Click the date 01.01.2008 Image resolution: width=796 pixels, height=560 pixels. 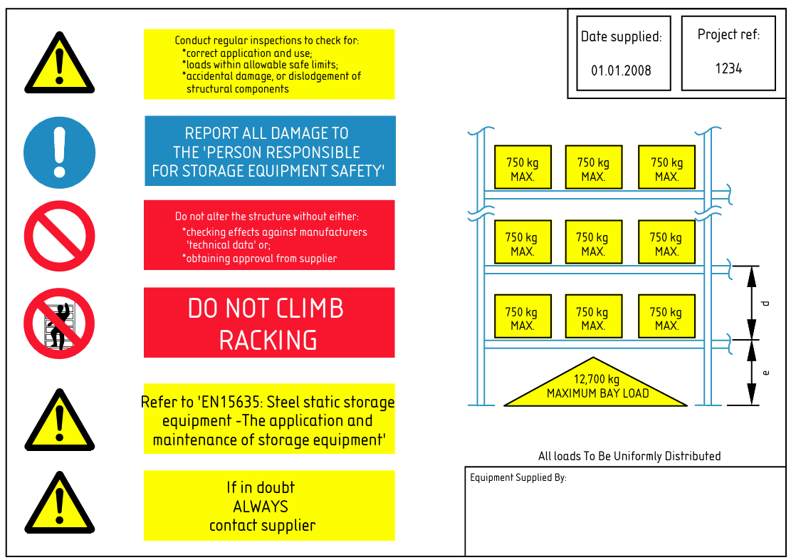click(x=621, y=71)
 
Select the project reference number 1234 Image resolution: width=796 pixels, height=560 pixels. click(x=728, y=68)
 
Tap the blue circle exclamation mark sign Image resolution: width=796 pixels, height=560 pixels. click(x=59, y=152)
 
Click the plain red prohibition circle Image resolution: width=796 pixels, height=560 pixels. click(x=59, y=236)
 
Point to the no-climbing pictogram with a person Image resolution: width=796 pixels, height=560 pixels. click(x=59, y=323)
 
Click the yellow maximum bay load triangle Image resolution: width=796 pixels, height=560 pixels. click(x=597, y=386)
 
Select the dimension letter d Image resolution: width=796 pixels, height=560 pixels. click(x=766, y=304)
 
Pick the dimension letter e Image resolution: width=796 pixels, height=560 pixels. click(x=766, y=372)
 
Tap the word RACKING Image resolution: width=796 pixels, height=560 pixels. click(x=268, y=341)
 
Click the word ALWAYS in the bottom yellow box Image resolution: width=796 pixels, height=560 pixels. click(x=261, y=507)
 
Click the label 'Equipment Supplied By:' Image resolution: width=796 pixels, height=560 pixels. click(x=518, y=477)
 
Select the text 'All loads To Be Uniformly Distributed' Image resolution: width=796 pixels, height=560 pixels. click(x=629, y=456)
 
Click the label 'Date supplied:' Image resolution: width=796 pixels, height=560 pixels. click(x=621, y=36)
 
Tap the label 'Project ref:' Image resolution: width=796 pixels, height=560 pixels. click(x=728, y=34)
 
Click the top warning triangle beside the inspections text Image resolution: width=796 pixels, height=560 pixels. click(x=59, y=66)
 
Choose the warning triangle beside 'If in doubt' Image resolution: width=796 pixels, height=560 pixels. click(x=59, y=505)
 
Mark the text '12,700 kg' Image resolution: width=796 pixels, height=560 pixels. click(x=597, y=379)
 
